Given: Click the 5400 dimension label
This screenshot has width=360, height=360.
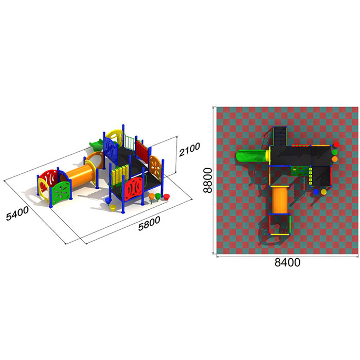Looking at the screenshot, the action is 17,213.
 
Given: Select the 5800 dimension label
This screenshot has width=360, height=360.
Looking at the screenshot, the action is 149,223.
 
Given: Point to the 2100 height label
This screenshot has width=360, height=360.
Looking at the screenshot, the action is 189,150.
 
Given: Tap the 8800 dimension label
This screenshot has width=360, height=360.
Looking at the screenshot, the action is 208,180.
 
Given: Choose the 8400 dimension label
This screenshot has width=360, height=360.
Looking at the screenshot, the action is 287,262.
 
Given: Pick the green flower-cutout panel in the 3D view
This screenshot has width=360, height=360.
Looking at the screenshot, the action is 61,192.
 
